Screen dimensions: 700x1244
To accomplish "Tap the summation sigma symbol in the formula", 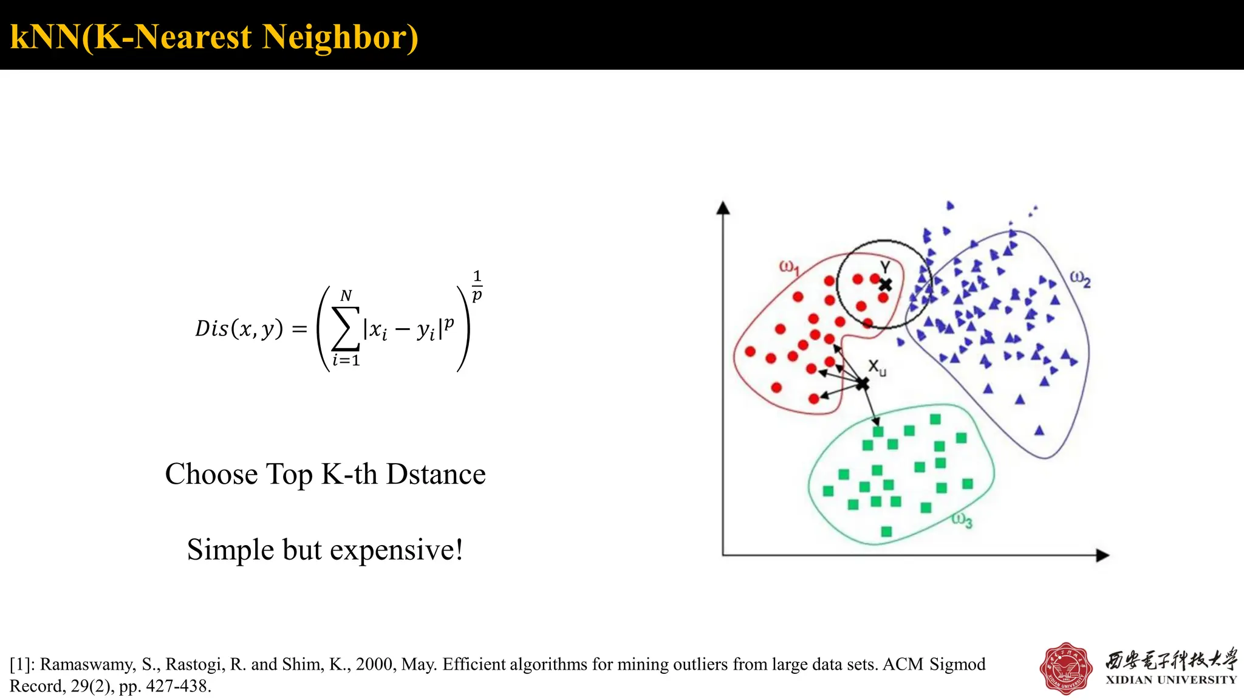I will [346, 329].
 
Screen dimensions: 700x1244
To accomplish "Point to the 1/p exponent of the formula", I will [477, 286].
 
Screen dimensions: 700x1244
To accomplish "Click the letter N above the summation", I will [346, 296].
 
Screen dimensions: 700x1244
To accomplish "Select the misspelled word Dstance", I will [436, 474].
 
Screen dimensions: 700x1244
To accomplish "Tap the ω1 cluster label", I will [789, 267].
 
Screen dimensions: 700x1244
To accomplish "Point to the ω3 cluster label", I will [962, 520].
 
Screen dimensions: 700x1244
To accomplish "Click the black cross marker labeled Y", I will [886, 284].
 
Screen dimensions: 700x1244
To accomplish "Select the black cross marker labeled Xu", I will [863, 384].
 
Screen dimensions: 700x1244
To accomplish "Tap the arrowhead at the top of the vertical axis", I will [723, 208].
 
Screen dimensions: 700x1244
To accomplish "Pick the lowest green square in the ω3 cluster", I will [886, 532].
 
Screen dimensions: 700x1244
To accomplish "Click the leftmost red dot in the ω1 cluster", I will [750, 351].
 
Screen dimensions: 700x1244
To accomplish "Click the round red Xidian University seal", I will [1067, 668].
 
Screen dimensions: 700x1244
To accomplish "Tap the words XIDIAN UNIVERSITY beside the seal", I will [1171, 680].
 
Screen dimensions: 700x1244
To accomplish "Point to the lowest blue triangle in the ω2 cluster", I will [1039, 431].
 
